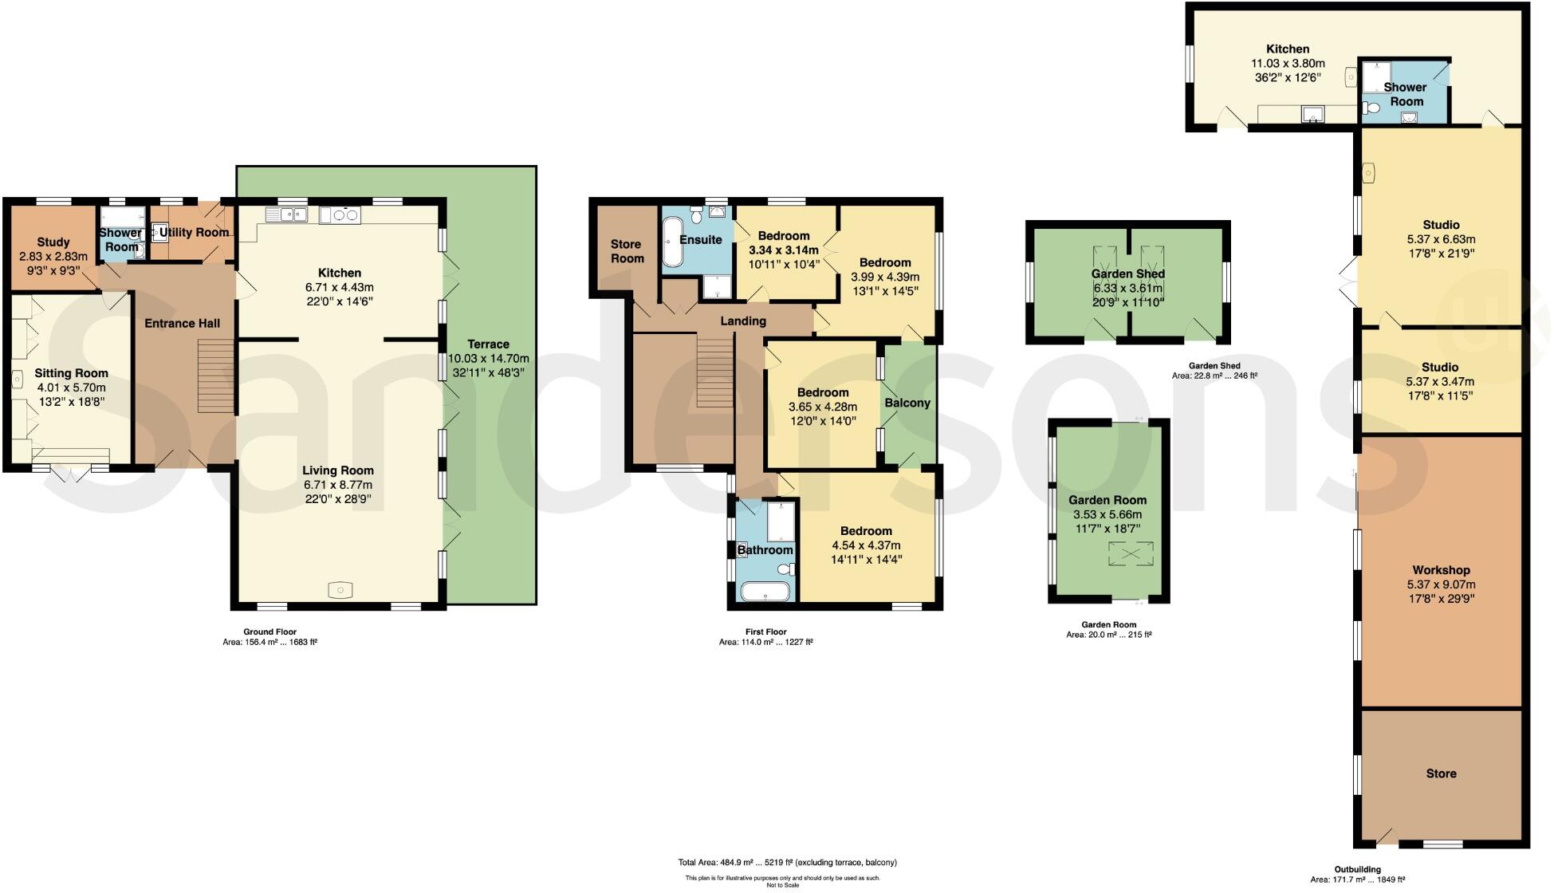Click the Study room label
(x=53, y=242)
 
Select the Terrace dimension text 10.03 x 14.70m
(x=489, y=359)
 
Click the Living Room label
(x=338, y=470)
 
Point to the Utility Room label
(x=194, y=233)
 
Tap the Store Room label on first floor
(x=627, y=251)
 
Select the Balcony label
(x=907, y=403)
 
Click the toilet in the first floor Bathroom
(x=786, y=569)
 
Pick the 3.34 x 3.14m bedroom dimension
(x=784, y=250)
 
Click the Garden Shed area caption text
(x=1214, y=376)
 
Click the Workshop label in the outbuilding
(x=1441, y=570)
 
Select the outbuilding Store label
(x=1441, y=773)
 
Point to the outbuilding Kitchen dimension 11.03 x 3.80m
(x=1288, y=63)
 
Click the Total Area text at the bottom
(x=787, y=862)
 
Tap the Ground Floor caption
(x=269, y=631)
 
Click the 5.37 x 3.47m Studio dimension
(x=1440, y=381)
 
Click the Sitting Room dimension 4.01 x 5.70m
(x=71, y=387)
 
